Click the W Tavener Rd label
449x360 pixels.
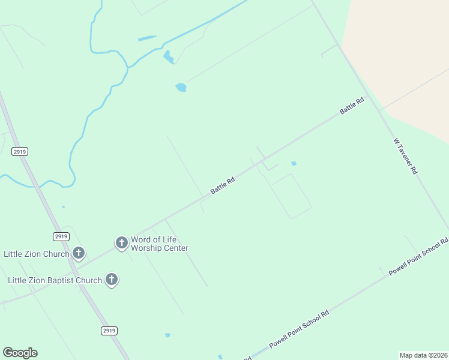pyautogui.click(x=405, y=156)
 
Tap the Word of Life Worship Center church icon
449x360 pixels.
pyautogui.click(x=122, y=242)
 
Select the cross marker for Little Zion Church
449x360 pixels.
pyautogui.click(x=79, y=253)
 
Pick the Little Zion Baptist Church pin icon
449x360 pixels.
pyautogui.click(x=111, y=279)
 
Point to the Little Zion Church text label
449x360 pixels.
pyautogui.click(x=37, y=254)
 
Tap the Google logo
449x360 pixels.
pyautogui.click(x=20, y=353)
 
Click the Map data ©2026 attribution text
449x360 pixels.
pyautogui.click(x=423, y=355)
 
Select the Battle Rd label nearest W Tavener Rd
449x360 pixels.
pyautogui.click(x=352, y=106)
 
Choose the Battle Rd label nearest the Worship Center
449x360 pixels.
pyautogui.click(x=222, y=185)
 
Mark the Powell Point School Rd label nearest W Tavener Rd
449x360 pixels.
pyautogui.click(x=418, y=257)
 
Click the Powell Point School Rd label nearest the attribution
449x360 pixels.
pyautogui.click(x=299, y=329)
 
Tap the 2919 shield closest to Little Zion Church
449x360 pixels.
pyautogui.click(x=61, y=236)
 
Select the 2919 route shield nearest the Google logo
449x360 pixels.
pyautogui.click(x=109, y=331)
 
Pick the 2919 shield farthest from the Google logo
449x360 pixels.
pyautogui.click(x=19, y=152)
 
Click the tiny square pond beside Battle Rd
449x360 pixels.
pyautogui.click(x=294, y=163)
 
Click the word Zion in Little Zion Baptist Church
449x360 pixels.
pyautogui.click(x=35, y=280)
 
